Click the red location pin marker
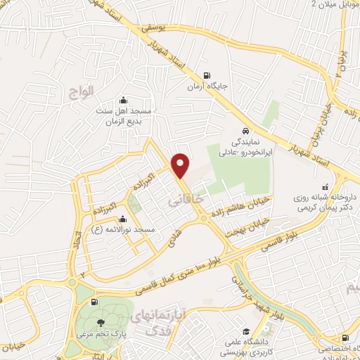pyautogui.click(x=181, y=165)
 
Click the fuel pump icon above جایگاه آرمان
pyautogui.click(x=205, y=76)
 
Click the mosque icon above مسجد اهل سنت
pyautogui.click(x=124, y=100)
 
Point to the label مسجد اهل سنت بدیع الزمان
pyautogui.click(x=123, y=115)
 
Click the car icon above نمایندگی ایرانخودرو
pyautogui.click(x=244, y=131)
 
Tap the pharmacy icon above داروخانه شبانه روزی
pyautogui.click(x=325, y=188)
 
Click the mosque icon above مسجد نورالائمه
pyautogui.click(x=124, y=219)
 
